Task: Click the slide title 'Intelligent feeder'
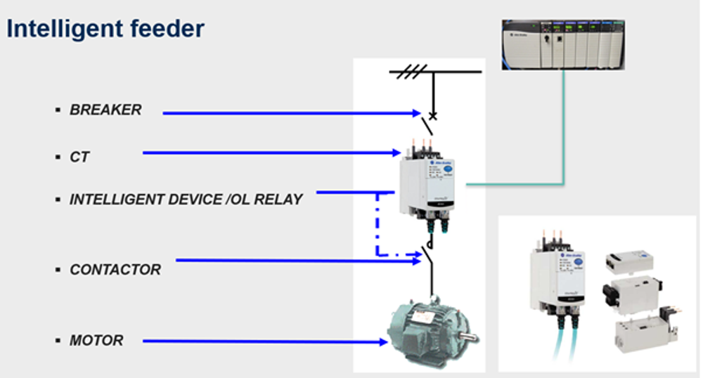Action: tap(105, 29)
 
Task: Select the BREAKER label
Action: tap(105, 110)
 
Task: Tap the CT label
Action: tap(79, 157)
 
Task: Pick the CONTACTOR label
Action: tap(115, 270)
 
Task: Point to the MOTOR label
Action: tap(96, 341)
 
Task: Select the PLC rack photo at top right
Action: tap(563, 44)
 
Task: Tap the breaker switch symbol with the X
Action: tap(428, 122)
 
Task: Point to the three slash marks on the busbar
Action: tap(412, 72)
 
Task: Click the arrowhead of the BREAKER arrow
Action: tap(417, 112)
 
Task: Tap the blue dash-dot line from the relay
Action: tap(378, 225)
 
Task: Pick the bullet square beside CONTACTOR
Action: tap(58, 270)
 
